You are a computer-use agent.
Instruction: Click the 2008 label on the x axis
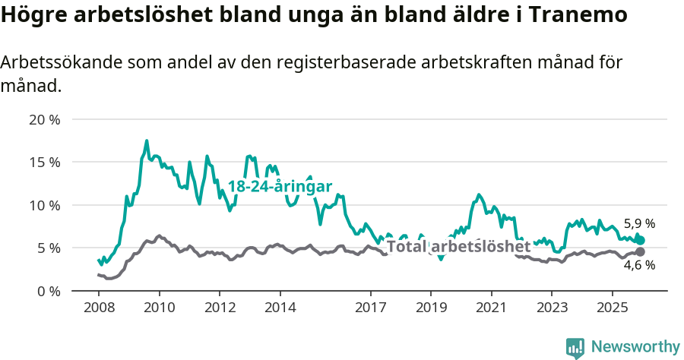(x=99, y=307)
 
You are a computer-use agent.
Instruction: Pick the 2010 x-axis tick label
(x=159, y=307)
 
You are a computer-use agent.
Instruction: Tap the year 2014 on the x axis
(x=280, y=307)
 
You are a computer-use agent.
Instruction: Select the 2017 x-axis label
(x=370, y=307)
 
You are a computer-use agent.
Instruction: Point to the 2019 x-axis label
(x=430, y=307)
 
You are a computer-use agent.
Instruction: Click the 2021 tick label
(x=491, y=307)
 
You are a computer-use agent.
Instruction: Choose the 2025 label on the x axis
(x=612, y=307)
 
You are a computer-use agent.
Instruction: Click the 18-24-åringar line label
(x=280, y=187)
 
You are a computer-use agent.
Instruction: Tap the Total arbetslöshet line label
(x=458, y=247)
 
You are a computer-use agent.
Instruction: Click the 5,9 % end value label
(x=639, y=224)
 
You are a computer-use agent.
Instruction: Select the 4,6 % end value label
(x=639, y=265)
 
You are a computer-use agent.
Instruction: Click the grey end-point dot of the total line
(x=640, y=251)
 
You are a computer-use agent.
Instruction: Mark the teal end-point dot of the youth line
(x=641, y=240)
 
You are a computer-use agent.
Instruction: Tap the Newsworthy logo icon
(x=575, y=348)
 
